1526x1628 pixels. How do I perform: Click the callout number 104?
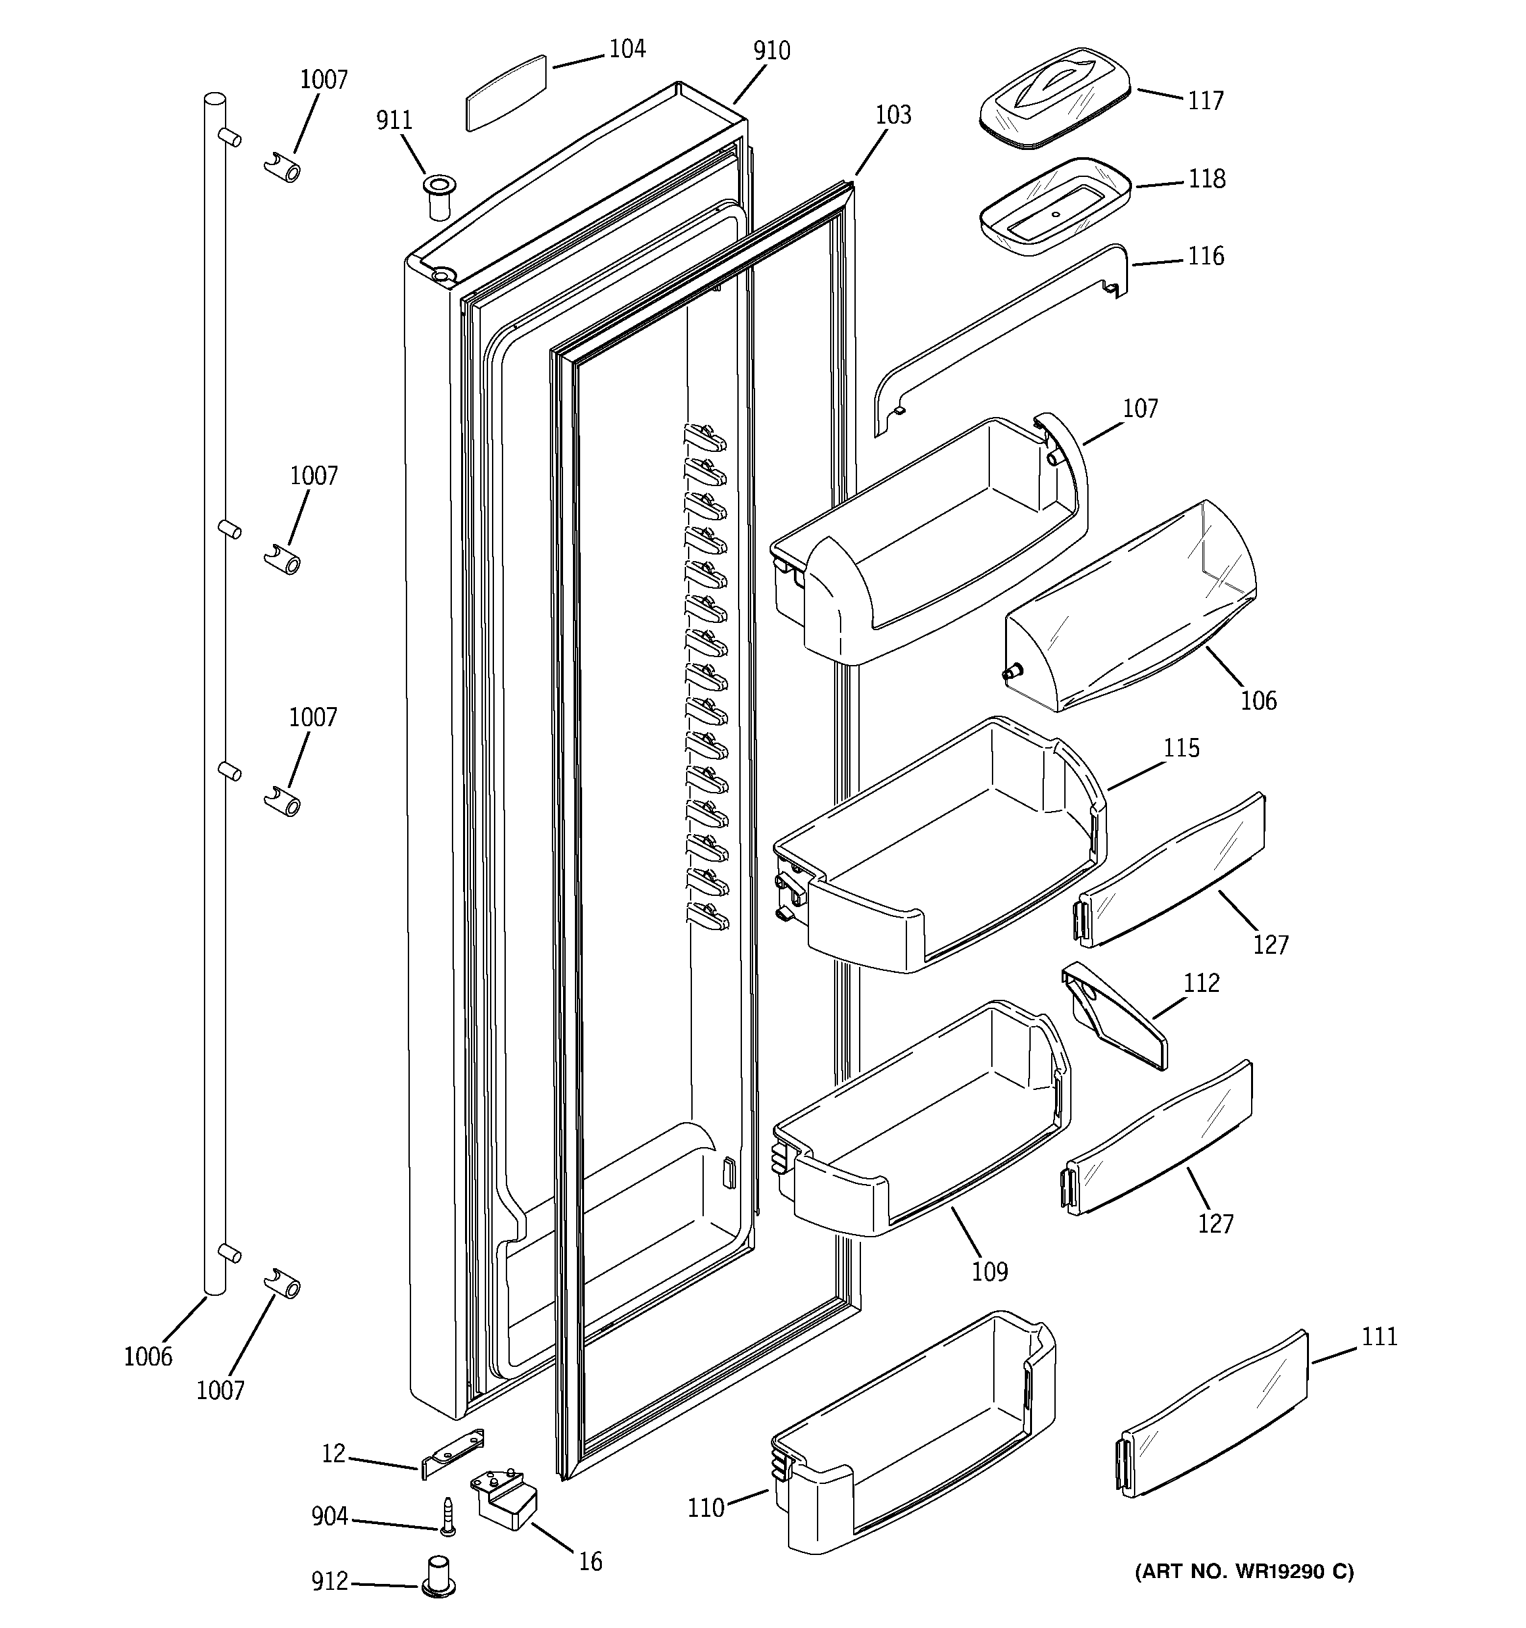(627, 49)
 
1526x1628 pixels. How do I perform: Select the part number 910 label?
(771, 51)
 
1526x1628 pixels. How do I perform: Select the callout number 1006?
(148, 1356)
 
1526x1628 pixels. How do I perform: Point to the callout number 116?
(1206, 257)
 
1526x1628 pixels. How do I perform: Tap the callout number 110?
(705, 1507)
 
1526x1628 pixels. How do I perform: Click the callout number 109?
(989, 1271)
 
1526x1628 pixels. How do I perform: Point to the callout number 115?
(1181, 748)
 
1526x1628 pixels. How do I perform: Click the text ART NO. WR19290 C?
(1243, 1571)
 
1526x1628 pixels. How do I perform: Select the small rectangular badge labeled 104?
(505, 93)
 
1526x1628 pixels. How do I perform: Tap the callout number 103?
(893, 114)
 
